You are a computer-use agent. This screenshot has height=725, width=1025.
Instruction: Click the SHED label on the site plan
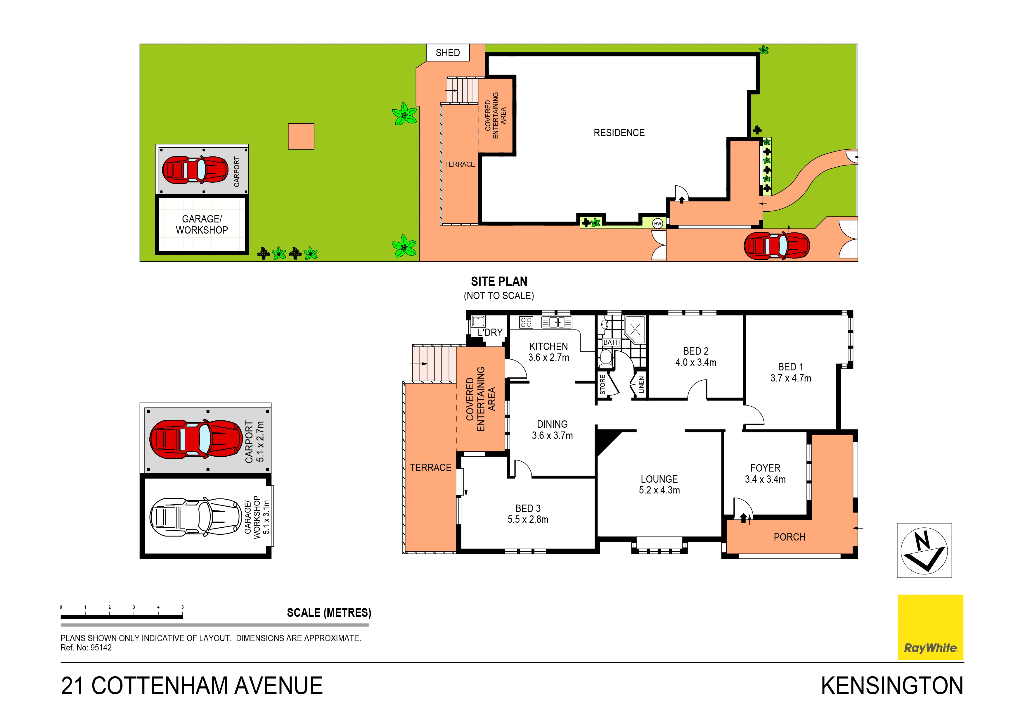pos(447,53)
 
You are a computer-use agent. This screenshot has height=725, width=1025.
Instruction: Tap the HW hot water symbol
pos(657,223)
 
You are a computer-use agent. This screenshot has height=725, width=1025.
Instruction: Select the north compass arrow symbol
pos(924,550)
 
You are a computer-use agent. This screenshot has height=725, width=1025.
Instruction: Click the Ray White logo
pos(930,627)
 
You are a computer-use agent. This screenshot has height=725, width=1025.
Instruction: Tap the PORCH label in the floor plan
pos(789,537)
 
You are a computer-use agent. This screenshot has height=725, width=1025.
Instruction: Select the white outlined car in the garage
pos(195,517)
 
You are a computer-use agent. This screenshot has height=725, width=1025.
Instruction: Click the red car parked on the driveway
pos(777,245)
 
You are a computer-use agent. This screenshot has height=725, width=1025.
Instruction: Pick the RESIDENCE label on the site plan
pos(619,133)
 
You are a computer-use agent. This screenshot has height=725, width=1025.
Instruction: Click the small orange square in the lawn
pos(301,136)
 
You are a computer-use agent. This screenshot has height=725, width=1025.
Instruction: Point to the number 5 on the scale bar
pos(183,607)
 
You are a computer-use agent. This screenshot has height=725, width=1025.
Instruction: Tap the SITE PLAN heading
pos(499,282)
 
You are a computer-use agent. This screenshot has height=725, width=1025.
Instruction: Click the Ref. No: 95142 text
pos(86,648)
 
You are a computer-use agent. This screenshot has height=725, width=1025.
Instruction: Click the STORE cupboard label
pos(602,385)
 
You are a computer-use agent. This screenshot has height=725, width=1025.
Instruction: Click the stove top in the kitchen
pos(526,322)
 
